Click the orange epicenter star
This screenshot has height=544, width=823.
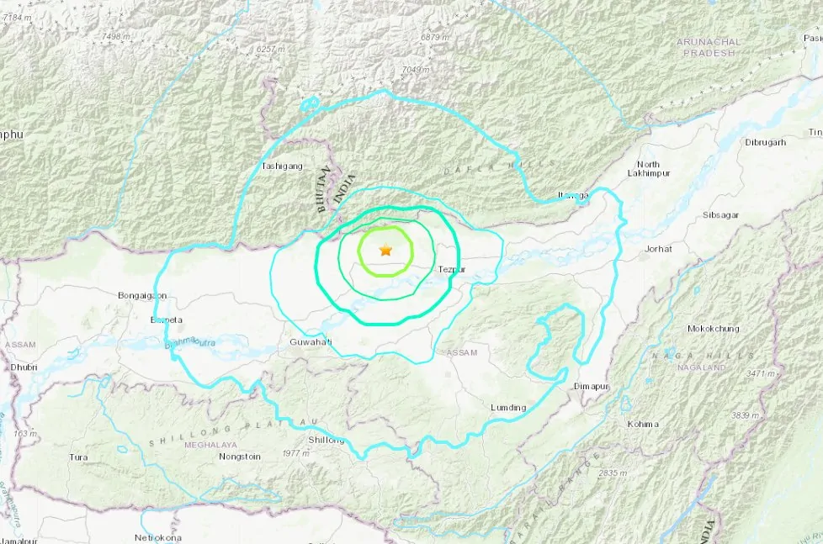point(385,250)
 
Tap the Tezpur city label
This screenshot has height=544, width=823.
point(452,269)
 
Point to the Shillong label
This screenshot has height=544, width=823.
point(327,440)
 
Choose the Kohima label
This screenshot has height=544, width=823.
point(643,424)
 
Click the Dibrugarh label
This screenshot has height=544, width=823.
point(765,142)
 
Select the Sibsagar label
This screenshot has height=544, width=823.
point(721,215)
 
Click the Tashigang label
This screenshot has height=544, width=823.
point(281,166)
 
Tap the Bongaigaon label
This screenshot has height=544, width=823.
point(142,295)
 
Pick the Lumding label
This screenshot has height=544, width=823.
point(508,408)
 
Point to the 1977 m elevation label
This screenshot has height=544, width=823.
point(295,453)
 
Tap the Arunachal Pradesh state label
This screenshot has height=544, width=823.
point(709,48)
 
